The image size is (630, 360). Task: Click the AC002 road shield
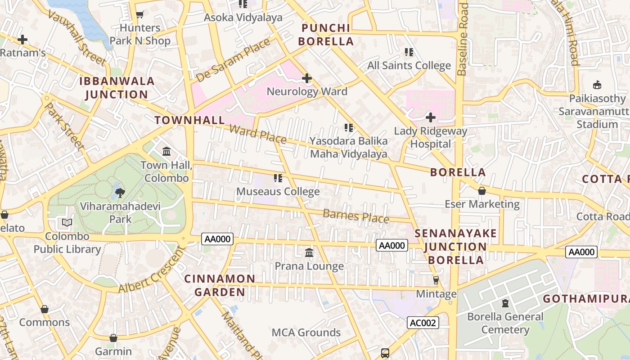[423, 323]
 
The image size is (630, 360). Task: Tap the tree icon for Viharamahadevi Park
[120, 193]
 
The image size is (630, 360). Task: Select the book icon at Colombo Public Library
[67, 223]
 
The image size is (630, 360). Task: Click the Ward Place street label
[257, 134]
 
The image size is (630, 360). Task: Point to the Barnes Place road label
[356, 216]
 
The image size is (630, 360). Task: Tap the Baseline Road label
[463, 39]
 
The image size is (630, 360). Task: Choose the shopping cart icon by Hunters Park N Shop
[139, 15]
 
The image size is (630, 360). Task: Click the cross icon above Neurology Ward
[307, 78]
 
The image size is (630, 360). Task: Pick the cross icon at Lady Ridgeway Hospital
[431, 118]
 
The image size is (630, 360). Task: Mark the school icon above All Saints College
[409, 52]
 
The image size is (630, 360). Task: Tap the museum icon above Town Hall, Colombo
[166, 151]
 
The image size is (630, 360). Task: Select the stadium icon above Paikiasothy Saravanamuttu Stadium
[597, 85]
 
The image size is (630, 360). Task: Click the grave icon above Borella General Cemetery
[505, 303]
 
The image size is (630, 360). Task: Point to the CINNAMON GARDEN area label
[220, 285]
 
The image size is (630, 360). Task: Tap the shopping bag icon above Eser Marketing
[482, 191]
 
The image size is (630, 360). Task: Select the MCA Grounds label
[306, 333]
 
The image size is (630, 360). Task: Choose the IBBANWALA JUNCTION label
[117, 88]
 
